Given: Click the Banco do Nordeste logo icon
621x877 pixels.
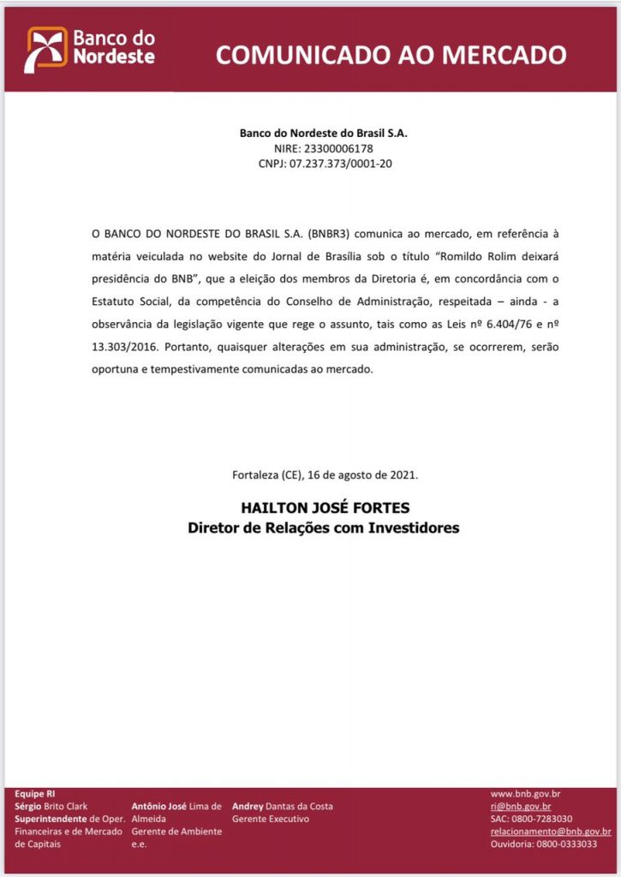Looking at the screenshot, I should tap(46, 49).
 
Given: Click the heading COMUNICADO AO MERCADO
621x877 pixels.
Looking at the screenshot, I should tap(391, 55).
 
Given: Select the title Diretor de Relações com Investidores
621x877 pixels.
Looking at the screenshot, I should tap(323, 528).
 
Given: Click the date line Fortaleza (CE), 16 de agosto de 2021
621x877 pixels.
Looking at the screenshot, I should tap(325, 474).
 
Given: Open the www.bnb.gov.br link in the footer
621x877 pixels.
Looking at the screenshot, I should tap(525, 794).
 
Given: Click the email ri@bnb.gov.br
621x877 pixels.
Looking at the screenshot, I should tap(520, 807).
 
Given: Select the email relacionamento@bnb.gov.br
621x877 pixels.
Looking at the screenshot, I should tap(550, 832).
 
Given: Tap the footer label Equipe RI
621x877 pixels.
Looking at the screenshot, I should tap(33, 794).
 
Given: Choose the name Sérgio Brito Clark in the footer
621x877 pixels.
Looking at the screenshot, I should tap(51, 807).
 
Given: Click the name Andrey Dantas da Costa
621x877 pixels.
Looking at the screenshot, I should tap(282, 807).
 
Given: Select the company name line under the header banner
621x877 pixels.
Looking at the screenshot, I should tap(316, 134).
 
